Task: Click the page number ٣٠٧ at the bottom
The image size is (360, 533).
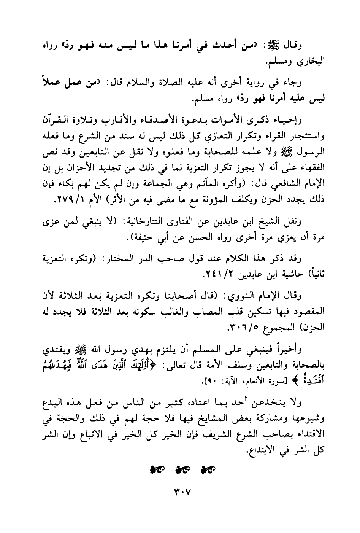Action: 180,493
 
